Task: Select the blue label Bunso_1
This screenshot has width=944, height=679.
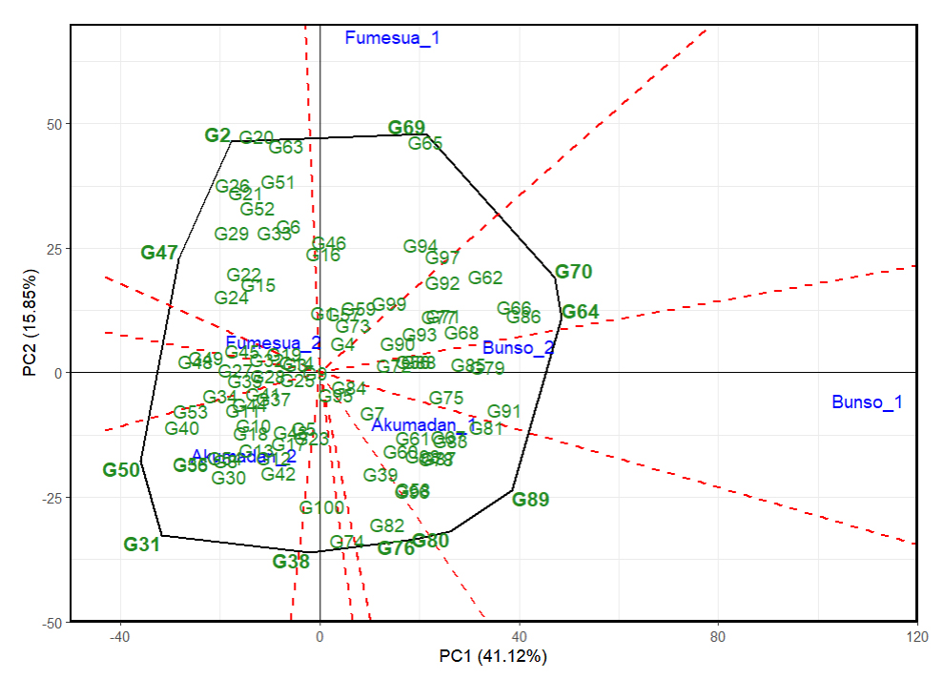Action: click(867, 402)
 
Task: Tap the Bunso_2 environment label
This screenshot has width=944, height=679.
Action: click(518, 348)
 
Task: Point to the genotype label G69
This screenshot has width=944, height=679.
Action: click(406, 128)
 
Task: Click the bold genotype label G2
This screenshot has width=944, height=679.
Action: click(217, 135)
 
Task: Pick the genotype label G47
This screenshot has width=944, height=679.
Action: click(159, 253)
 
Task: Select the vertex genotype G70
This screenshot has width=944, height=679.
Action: click(573, 272)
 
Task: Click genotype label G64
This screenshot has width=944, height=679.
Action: click(580, 312)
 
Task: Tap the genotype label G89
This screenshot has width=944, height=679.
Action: click(530, 500)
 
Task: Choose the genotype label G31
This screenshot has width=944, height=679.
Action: click(141, 545)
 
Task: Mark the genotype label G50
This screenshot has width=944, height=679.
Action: click(121, 469)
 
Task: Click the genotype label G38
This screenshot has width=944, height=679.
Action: click(291, 562)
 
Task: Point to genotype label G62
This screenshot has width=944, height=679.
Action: click(484, 278)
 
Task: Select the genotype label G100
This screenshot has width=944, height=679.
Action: click(321, 507)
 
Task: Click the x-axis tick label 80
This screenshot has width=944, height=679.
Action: click(718, 636)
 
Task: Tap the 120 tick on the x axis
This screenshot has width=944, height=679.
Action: click(916, 636)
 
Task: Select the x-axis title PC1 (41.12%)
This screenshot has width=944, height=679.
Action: click(493, 657)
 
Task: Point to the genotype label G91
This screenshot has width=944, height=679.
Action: click(503, 412)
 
